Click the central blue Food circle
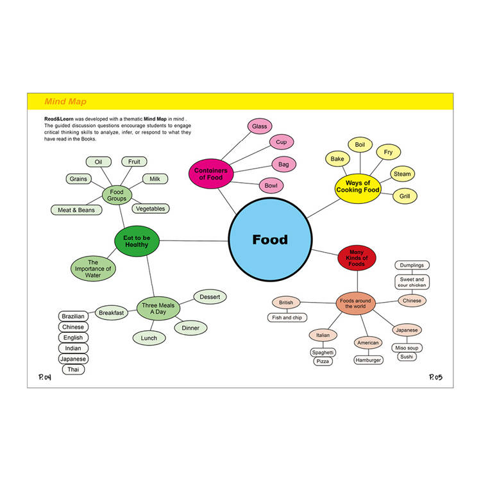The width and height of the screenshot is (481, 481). [270, 240]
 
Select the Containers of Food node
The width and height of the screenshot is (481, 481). [211, 174]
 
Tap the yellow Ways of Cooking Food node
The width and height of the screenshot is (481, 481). [358, 187]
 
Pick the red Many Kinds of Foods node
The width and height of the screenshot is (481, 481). [357, 258]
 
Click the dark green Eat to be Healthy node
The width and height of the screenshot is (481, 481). [137, 241]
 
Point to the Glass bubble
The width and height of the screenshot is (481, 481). [260, 126]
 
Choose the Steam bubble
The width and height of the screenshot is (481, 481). [402, 174]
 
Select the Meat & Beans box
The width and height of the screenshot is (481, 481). [76, 210]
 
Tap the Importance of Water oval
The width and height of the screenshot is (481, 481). [93, 269]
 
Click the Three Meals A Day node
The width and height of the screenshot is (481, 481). [158, 308]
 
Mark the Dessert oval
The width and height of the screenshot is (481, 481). [210, 297]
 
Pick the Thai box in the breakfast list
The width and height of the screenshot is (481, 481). [73, 369]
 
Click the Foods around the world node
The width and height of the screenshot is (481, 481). [355, 303]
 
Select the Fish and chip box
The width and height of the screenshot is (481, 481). [287, 317]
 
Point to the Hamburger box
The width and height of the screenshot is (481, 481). [368, 360]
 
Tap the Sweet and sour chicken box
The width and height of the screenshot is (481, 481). [412, 282]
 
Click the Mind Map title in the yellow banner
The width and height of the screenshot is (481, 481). [65, 101]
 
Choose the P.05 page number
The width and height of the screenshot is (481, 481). [435, 377]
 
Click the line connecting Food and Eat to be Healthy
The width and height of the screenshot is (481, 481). [194, 240]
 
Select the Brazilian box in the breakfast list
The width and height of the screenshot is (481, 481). [73, 316]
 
